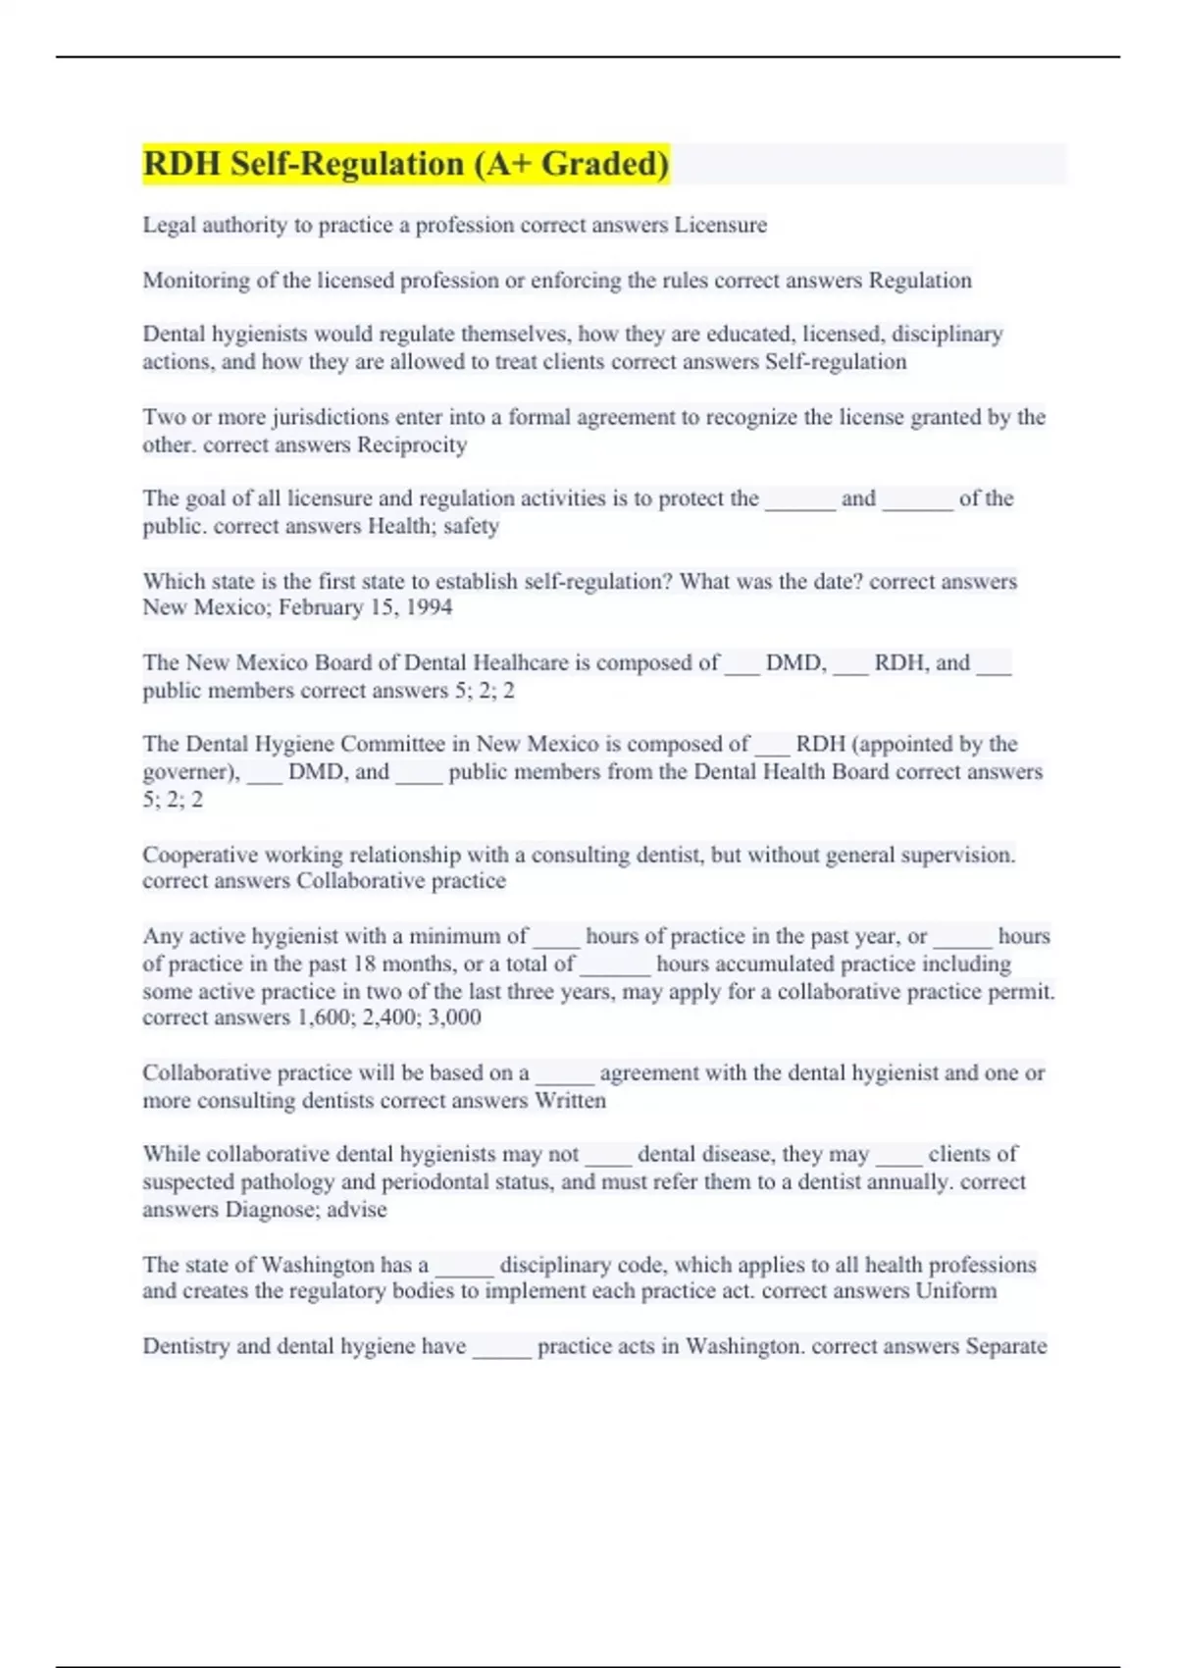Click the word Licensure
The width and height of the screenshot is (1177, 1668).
(720, 225)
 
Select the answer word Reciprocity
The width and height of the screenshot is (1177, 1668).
(412, 444)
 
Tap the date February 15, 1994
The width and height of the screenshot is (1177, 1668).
(366, 607)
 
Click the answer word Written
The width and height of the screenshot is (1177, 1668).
(570, 1100)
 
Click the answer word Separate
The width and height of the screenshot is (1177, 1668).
(1005, 1346)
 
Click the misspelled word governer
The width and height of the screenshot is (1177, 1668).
(188, 772)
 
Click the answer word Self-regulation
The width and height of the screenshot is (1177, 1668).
(836, 362)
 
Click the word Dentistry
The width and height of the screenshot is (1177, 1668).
(186, 1346)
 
